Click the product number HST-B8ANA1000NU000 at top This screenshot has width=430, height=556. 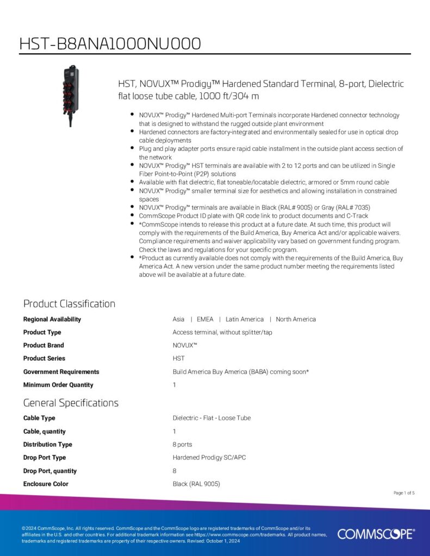click(x=110, y=43)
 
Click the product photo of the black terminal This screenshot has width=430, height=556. click(x=71, y=96)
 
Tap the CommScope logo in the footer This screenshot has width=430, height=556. click(x=376, y=534)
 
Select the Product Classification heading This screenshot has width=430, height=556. click(x=69, y=304)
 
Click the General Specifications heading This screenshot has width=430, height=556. click(x=71, y=403)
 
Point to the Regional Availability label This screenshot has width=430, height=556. click(x=52, y=319)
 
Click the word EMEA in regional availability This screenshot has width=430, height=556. click(x=205, y=319)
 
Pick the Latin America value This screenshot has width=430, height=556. click(x=245, y=319)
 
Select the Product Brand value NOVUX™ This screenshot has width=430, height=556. click(x=185, y=345)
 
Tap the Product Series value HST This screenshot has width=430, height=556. click(x=179, y=358)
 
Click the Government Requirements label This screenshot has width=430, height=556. click(x=61, y=372)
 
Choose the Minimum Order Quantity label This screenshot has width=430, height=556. click(x=58, y=385)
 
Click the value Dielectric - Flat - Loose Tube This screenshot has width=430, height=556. click(x=211, y=418)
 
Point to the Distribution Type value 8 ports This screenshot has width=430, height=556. click(x=182, y=445)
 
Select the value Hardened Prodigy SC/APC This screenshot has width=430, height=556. click(x=209, y=458)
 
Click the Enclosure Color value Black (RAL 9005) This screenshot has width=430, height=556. click(x=196, y=484)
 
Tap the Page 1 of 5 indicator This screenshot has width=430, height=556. click(x=404, y=493)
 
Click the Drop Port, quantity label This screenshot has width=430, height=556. click(x=50, y=471)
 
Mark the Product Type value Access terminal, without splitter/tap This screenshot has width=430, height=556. click(x=222, y=332)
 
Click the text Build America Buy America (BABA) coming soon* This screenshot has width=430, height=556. click(x=241, y=372)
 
